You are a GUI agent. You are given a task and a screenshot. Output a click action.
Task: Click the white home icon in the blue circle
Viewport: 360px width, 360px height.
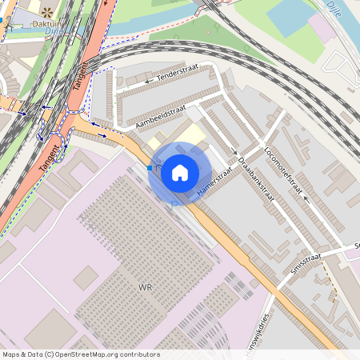click(x=179, y=172)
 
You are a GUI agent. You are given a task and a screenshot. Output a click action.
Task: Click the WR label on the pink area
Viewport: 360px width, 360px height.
click(x=145, y=286)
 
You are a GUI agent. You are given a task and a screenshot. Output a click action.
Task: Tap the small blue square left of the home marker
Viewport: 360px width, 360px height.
click(x=150, y=168)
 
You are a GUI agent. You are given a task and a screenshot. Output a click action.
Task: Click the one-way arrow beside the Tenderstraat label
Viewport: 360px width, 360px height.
click(x=148, y=81)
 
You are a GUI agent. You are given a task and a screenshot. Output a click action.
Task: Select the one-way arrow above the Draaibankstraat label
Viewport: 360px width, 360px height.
click(x=234, y=153)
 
